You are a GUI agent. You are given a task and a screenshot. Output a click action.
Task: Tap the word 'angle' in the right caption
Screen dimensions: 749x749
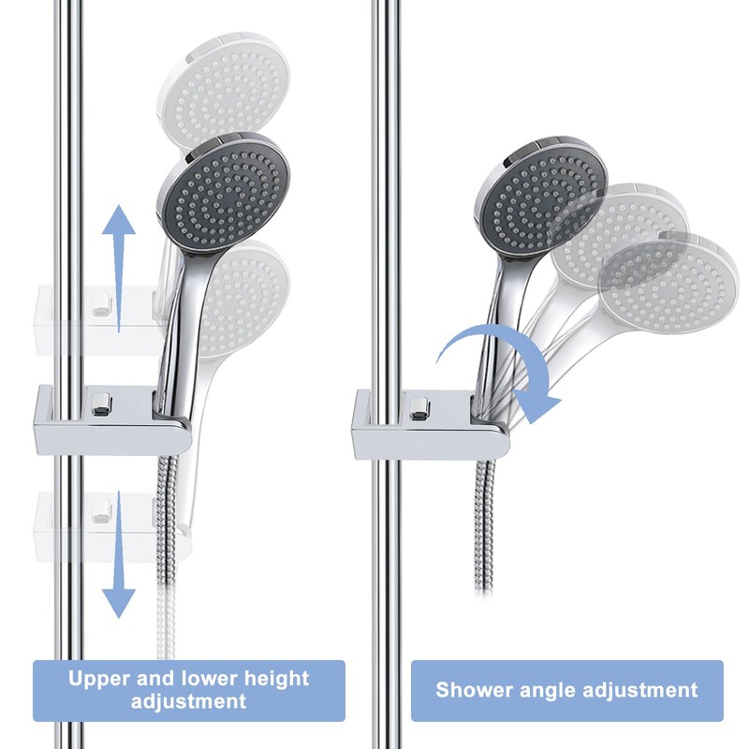[x=550, y=691]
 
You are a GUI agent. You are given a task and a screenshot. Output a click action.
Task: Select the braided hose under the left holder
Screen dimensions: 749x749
[x=169, y=562]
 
